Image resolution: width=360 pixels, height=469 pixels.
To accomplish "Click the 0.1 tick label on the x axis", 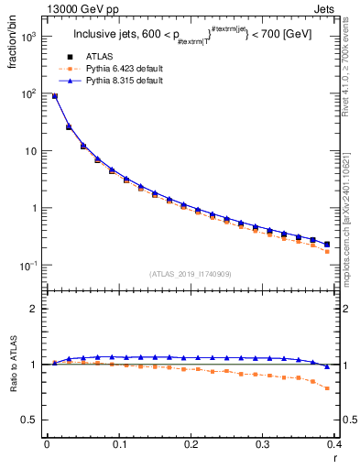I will coord(118,444).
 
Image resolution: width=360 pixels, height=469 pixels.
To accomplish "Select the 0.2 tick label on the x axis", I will coord(191,444).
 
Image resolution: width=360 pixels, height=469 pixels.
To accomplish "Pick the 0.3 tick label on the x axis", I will coord(262,444).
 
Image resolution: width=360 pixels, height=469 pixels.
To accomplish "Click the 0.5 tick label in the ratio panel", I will coord(30,420).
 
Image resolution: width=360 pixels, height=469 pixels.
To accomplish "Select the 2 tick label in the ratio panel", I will coord(36,309).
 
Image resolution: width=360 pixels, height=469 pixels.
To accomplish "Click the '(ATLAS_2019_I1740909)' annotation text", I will coord(190,274).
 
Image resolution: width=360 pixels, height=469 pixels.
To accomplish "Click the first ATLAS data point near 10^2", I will coord(54,95).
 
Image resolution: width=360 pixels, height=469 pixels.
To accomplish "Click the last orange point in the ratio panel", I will coord(326,388).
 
